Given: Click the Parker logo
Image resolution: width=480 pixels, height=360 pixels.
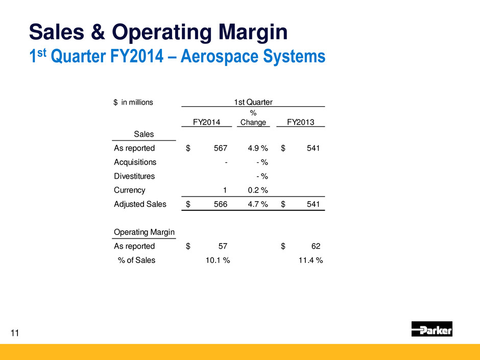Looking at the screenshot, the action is tap(431, 329).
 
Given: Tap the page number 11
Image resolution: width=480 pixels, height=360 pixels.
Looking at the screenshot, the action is tap(15, 333).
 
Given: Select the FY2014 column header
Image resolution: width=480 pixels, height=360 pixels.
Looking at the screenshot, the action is tap(206, 122).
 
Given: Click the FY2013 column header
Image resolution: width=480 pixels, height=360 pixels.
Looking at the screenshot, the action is tap(301, 122).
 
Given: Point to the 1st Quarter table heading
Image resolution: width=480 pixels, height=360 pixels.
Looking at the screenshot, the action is tap(253, 102).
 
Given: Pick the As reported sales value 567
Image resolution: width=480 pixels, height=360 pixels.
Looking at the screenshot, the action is tap(221, 148).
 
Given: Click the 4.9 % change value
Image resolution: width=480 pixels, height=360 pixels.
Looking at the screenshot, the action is tap(258, 148).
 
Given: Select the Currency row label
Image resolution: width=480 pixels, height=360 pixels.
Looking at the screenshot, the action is tap(130, 190).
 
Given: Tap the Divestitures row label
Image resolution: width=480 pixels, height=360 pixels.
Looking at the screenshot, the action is tap(134, 176).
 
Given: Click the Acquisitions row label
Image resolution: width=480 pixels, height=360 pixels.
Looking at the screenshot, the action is tap(135, 162).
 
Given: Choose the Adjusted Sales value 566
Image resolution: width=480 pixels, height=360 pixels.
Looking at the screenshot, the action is tap(221, 204).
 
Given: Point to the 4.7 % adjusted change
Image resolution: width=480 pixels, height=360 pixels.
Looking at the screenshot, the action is tap(258, 204).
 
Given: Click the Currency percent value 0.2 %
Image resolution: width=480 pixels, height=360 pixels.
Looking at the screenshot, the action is tap(258, 190).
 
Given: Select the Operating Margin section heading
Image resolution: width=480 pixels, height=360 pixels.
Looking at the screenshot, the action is tap(144, 232).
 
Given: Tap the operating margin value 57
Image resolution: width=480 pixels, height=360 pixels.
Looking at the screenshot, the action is tap(223, 246).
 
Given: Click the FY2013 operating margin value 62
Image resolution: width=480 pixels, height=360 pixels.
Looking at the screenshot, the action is tap(316, 246).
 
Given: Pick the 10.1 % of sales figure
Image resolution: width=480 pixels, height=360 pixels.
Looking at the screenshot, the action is tap(218, 260).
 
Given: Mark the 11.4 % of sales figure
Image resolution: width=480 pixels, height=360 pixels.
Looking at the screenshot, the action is tap(310, 260).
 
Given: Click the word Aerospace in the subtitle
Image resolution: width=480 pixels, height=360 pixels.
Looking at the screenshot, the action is tap(219, 56).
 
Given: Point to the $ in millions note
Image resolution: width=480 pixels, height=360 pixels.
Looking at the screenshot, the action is tap(133, 102).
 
